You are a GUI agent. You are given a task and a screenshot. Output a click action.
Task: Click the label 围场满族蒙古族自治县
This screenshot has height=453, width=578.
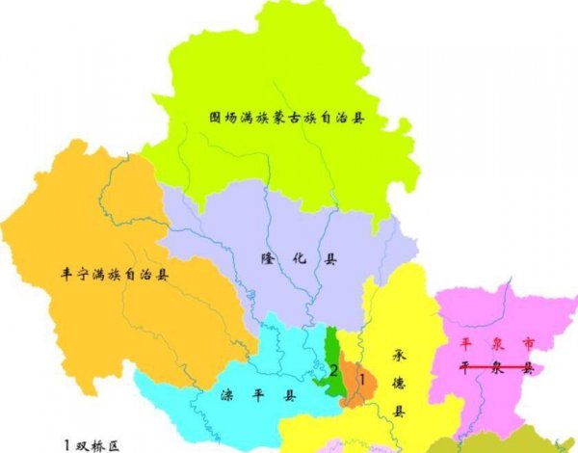pyautogui.click(x=288, y=120)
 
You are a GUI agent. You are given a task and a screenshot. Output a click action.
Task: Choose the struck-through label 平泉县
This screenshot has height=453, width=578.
pyautogui.click(x=495, y=367)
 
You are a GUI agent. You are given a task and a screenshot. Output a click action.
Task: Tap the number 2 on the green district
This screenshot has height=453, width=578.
pyautogui.click(x=333, y=370)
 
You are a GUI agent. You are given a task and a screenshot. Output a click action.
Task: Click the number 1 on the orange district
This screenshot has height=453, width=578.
pyautogui.click(x=360, y=380)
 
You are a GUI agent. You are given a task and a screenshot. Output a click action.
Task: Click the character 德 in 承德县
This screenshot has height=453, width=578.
pyautogui.click(x=400, y=384)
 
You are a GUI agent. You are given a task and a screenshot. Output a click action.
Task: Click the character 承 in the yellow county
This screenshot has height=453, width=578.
pyautogui.click(x=400, y=355)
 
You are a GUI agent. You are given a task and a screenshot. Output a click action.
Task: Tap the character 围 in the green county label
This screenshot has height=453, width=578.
pyautogui.click(x=216, y=120)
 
